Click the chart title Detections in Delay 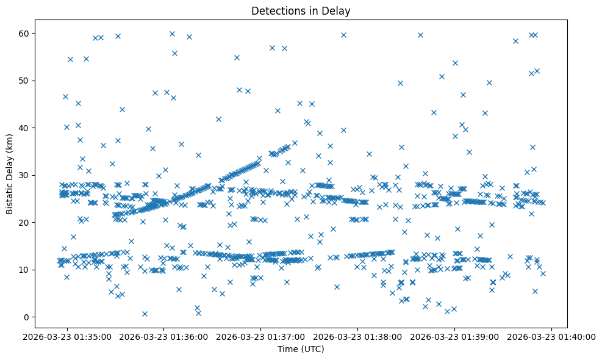(x=301, y=11)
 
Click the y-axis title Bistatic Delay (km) (x=10, y=174)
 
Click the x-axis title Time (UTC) (x=301, y=350)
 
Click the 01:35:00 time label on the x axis (x=68, y=336)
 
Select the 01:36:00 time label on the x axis (x=165, y=336)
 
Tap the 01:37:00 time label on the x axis (x=262, y=336)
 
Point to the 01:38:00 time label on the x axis (x=359, y=336)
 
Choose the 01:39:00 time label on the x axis (x=456, y=336)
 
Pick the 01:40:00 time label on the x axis (x=553, y=336)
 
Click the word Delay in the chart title (x=339, y=11)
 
